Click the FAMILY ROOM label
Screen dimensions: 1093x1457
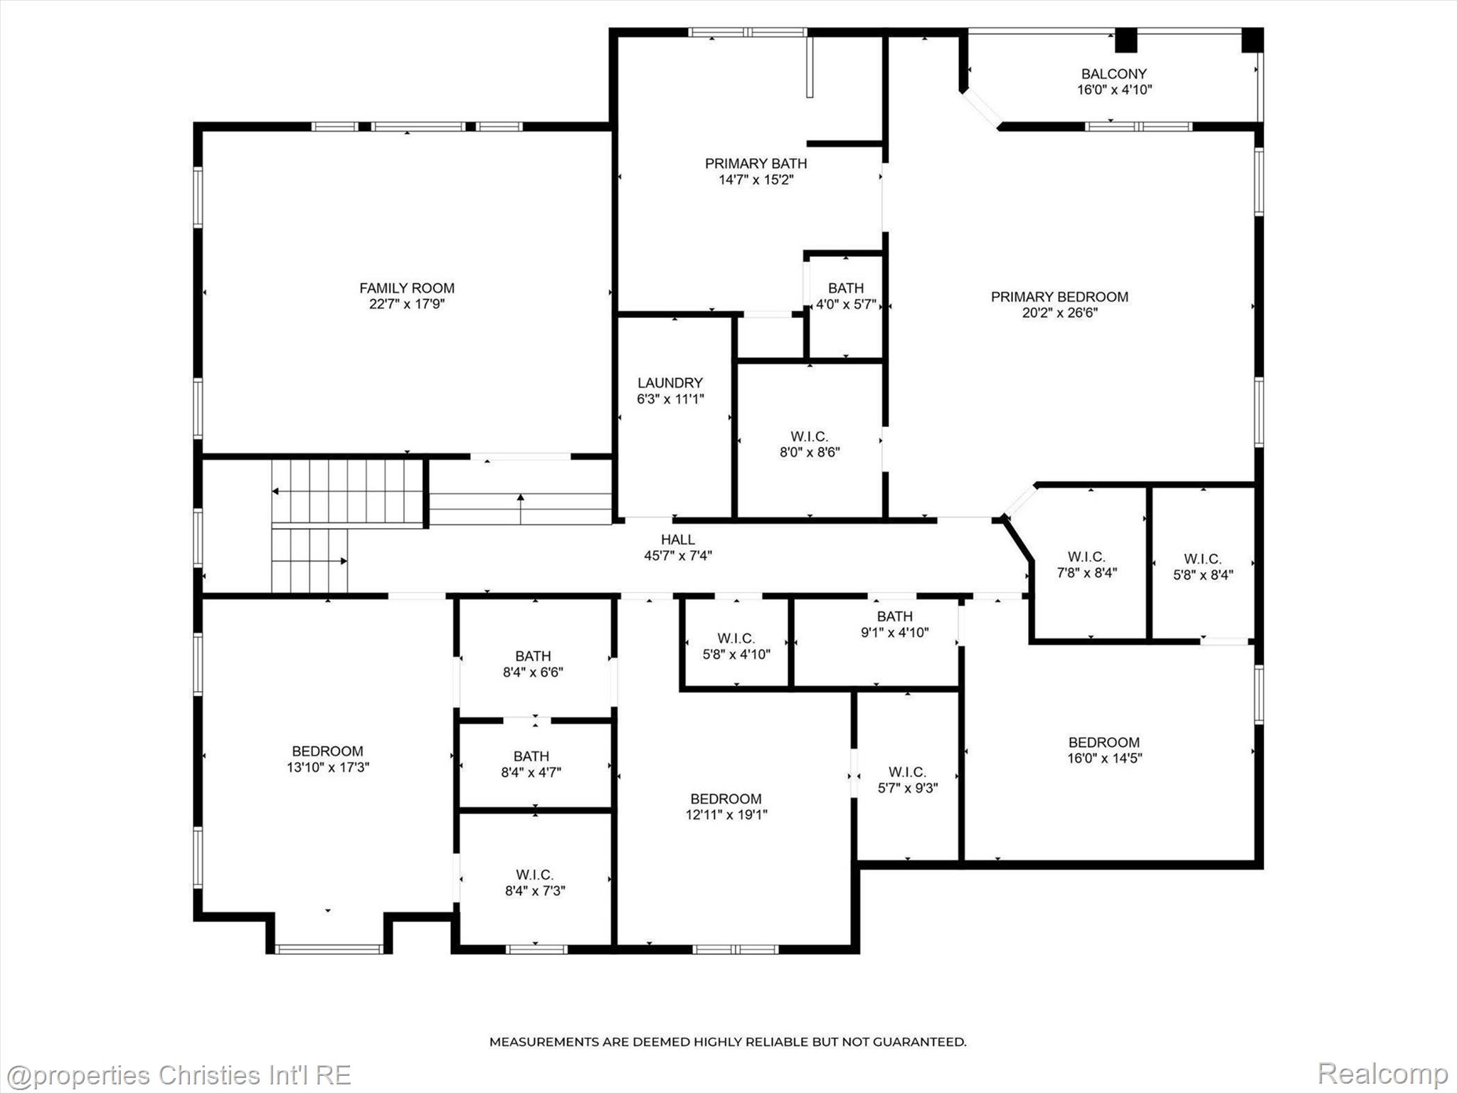click(406, 288)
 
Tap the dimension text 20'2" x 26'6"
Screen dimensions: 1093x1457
click(1059, 312)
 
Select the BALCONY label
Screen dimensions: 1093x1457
click(1113, 74)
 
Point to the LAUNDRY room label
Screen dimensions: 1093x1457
click(669, 383)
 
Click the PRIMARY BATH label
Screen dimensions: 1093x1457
click(756, 164)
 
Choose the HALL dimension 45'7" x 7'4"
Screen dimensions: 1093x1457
click(677, 556)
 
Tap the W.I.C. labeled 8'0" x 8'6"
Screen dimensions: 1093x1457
click(809, 444)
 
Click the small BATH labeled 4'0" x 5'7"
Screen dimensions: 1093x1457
click(845, 296)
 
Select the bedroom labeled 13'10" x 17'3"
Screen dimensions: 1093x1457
click(327, 759)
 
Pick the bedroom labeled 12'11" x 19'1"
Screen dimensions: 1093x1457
click(726, 807)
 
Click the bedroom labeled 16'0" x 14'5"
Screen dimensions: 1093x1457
click(1103, 750)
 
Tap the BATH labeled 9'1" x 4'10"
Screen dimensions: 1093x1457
click(894, 624)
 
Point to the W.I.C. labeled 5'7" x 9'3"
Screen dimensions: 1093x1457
click(907, 780)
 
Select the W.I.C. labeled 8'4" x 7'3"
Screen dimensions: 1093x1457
click(534, 882)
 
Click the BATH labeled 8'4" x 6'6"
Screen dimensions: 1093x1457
click(533, 663)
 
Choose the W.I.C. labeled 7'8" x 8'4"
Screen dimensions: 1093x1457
click(1086, 564)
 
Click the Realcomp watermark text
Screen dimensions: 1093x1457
click(1382, 1073)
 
